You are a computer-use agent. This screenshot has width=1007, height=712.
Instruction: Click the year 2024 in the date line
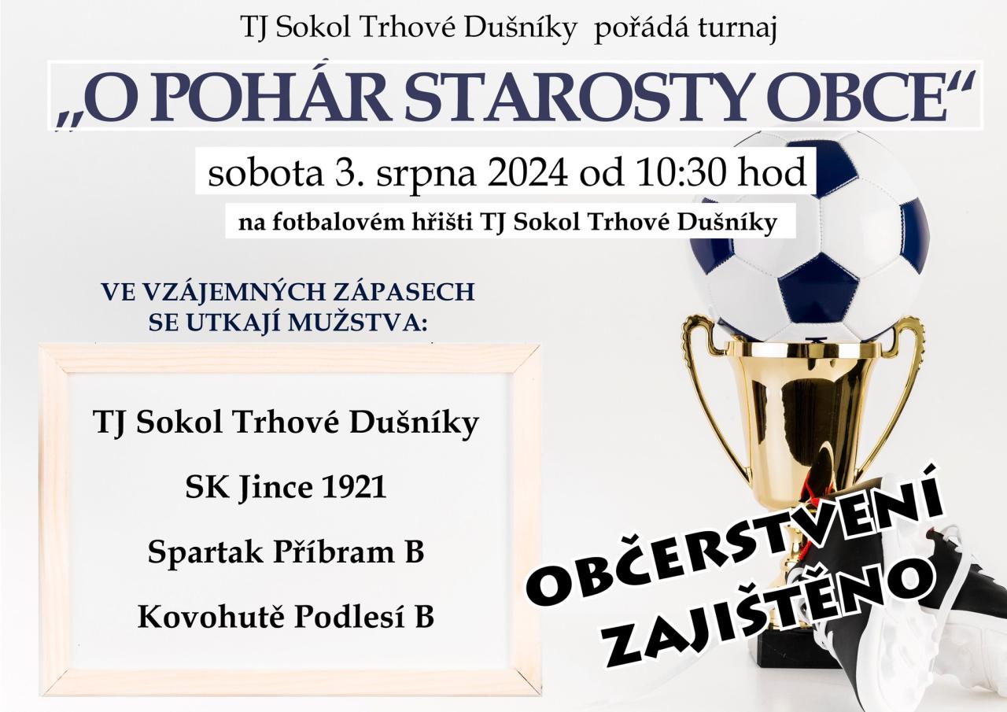(x=527, y=173)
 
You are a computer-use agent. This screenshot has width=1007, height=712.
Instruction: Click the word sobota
(x=265, y=173)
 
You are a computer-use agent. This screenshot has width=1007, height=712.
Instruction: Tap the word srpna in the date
(x=426, y=178)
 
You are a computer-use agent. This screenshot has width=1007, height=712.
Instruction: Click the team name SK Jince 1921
(x=286, y=488)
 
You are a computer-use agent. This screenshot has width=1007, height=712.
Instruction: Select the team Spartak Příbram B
(x=286, y=552)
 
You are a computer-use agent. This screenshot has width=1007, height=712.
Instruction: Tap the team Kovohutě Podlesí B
(x=286, y=617)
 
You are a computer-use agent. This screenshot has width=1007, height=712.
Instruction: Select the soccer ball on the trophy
(x=810, y=236)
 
